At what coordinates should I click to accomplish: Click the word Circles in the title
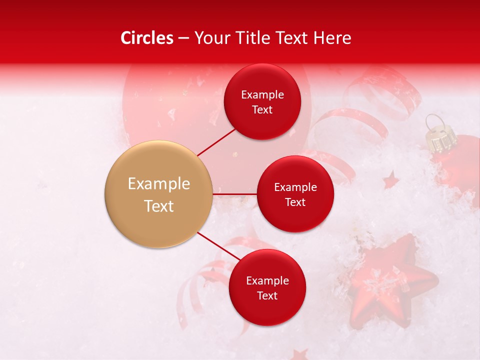147,38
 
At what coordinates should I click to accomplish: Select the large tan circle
158,194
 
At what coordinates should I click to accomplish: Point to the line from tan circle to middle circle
235,193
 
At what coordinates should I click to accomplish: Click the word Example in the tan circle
158,184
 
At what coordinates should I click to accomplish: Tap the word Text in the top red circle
262,110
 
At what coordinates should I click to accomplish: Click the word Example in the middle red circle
295,187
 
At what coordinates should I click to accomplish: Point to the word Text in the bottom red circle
267,296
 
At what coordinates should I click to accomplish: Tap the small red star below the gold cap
390,180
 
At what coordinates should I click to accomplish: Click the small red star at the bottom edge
300,354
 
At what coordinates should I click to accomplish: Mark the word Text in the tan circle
158,206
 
